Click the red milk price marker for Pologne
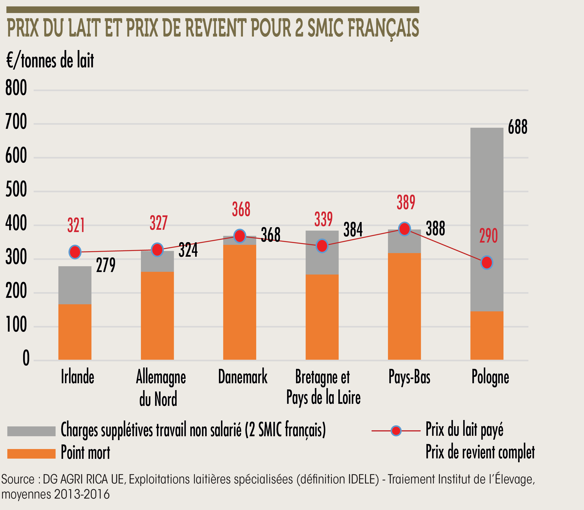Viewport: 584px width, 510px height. [487, 262]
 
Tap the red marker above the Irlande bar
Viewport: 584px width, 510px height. [75, 252]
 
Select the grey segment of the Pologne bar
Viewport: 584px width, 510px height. [487, 219]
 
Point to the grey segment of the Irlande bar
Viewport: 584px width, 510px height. [75, 285]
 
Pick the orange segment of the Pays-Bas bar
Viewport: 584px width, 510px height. [404, 306]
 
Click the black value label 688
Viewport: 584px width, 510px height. [518, 127]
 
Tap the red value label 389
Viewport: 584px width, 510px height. [406, 202]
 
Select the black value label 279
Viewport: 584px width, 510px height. [106, 265]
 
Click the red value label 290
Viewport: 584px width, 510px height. [488, 236]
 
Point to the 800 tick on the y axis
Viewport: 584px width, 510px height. [16, 88]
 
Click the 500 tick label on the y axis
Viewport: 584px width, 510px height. [16, 190]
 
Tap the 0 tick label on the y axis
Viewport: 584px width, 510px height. [26, 358]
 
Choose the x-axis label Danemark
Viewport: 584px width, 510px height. [243, 377]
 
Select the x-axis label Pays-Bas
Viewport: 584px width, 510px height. [409, 377]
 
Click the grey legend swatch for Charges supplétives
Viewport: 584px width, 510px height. [31, 431]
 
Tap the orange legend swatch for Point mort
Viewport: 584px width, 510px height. [31, 454]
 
